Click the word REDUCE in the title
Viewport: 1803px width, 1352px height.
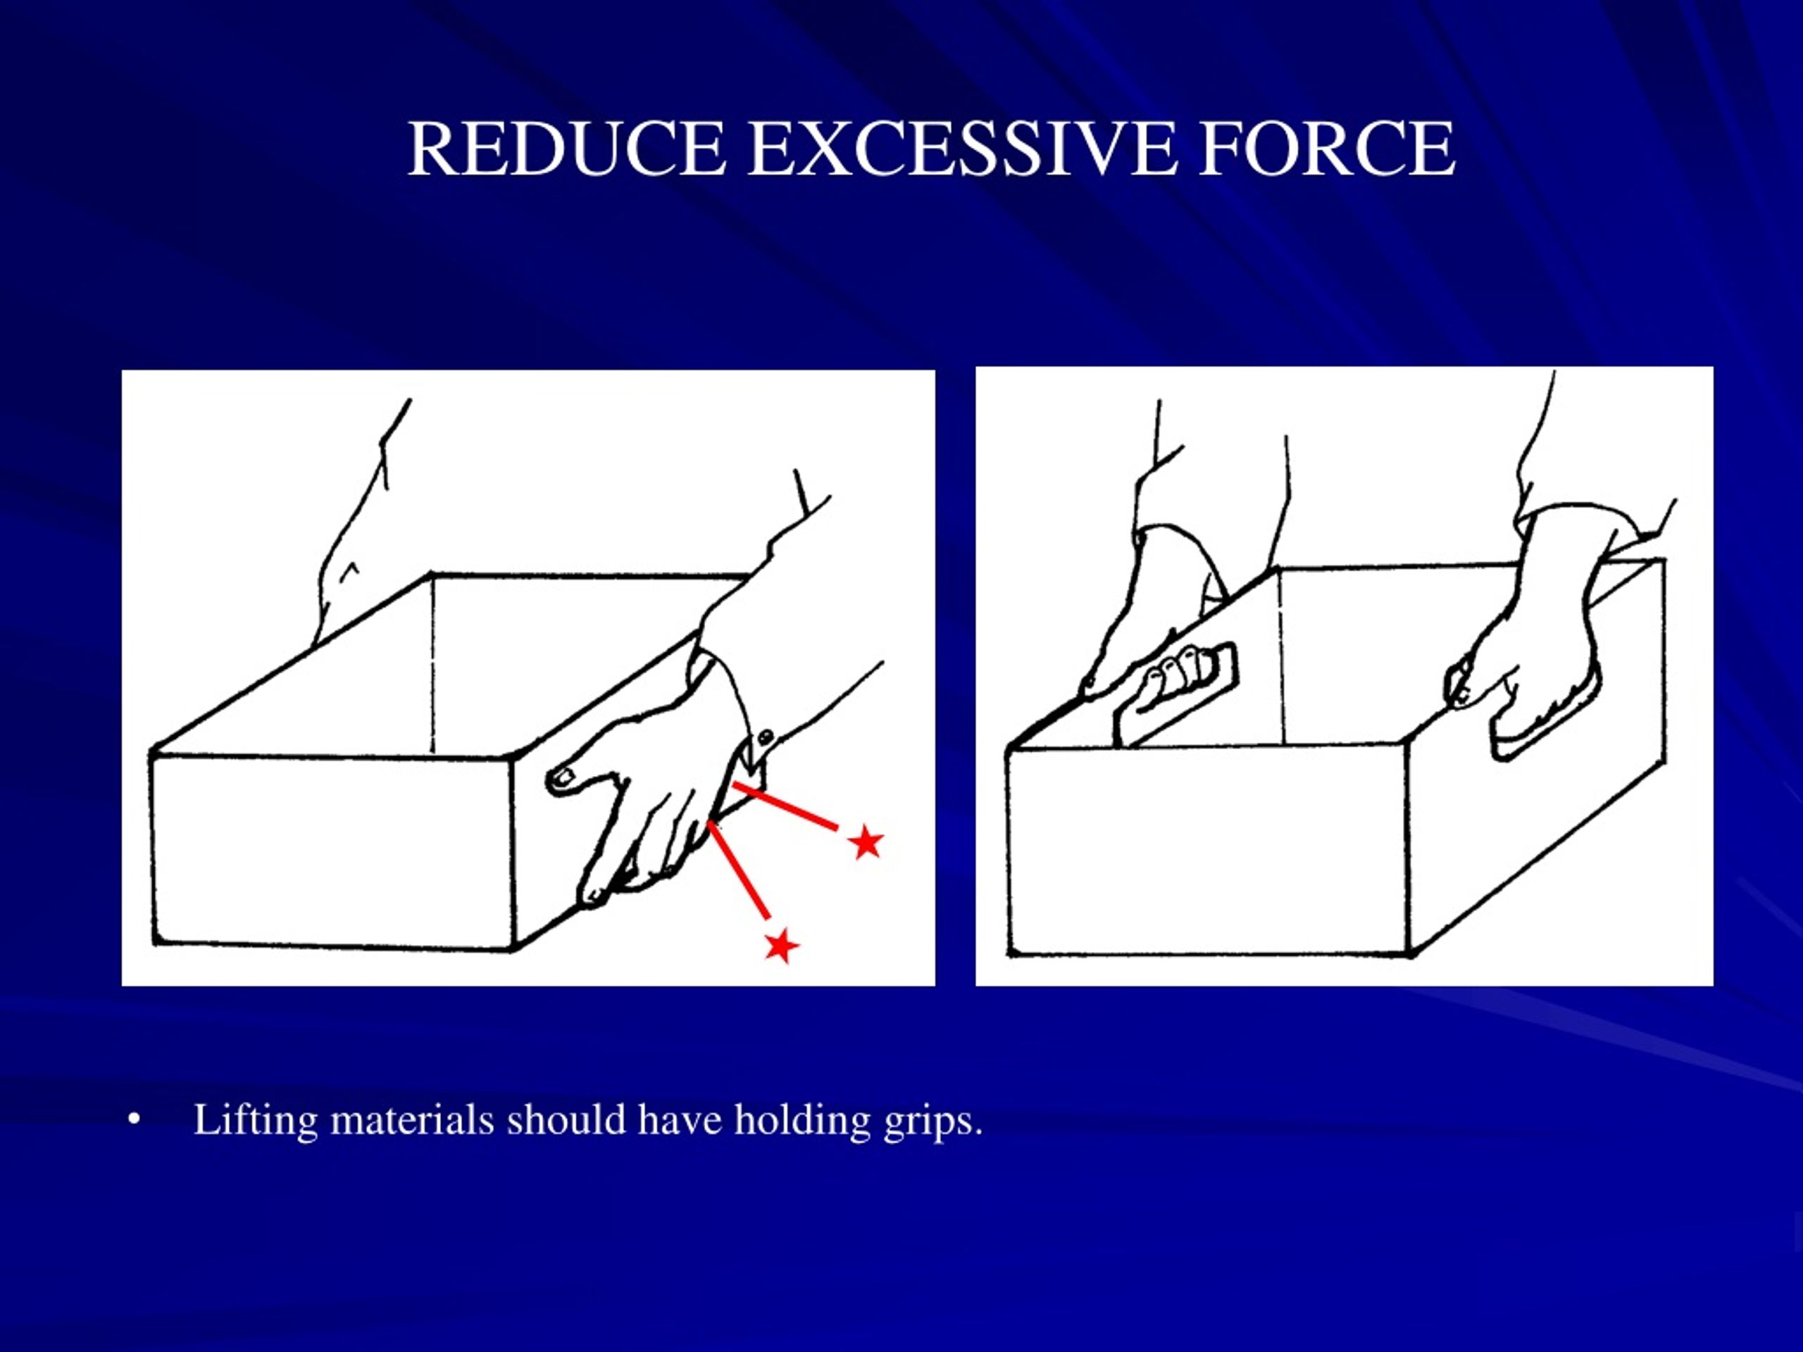566,149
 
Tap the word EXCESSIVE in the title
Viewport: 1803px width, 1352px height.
963,149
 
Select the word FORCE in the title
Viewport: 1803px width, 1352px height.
1326,149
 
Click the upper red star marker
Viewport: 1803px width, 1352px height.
866,843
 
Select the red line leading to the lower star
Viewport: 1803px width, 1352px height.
740,871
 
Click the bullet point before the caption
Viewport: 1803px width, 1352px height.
135,1121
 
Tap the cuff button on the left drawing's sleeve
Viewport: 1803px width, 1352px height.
765,739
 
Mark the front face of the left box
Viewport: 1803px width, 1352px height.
330,851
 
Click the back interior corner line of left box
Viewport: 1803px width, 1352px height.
432,664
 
